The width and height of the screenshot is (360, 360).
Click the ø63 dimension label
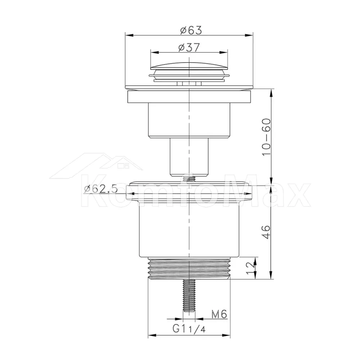coord(191,30)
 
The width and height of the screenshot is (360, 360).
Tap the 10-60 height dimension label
coord(266,137)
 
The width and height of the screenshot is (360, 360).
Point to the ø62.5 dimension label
coord(101,189)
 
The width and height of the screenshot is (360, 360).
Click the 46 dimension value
coord(266,232)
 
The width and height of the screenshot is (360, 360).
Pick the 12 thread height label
coord(250,268)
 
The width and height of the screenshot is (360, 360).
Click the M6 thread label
coord(219,314)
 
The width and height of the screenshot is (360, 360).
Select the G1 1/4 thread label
coord(189,329)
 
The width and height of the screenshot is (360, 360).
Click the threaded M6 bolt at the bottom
coord(189,295)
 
